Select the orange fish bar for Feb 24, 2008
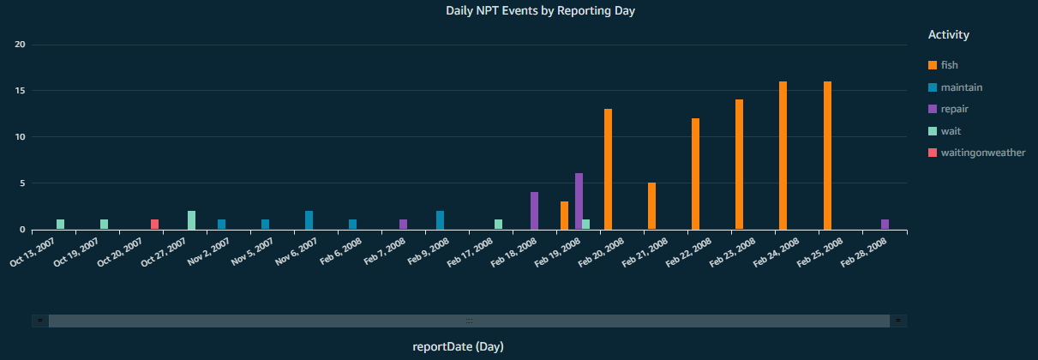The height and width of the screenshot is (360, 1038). pyautogui.click(x=783, y=155)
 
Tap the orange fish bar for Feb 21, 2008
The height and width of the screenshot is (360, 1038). pyautogui.click(x=651, y=206)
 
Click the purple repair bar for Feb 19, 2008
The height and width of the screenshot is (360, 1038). pyautogui.click(x=579, y=201)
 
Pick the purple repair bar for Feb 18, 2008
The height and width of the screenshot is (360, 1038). pyautogui.click(x=534, y=211)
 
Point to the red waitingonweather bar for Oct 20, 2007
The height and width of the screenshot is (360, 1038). pyautogui.click(x=154, y=225)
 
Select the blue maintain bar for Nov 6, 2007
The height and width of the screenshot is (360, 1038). pyautogui.click(x=309, y=220)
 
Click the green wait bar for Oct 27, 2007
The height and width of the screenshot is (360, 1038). pyautogui.click(x=192, y=220)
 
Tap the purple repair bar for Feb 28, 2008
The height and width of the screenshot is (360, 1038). pyautogui.click(x=885, y=225)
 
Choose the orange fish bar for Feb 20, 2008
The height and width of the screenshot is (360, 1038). pyautogui.click(x=608, y=169)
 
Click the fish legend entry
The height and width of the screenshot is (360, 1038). pyautogui.click(x=949, y=65)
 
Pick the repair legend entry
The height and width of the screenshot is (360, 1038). pyautogui.click(x=954, y=109)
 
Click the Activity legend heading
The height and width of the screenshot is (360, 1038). pyautogui.click(x=949, y=35)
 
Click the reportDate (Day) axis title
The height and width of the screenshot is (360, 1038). pyautogui.click(x=458, y=346)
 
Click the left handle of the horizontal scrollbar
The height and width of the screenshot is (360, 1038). pyautogui.click(x=40, y=321)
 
